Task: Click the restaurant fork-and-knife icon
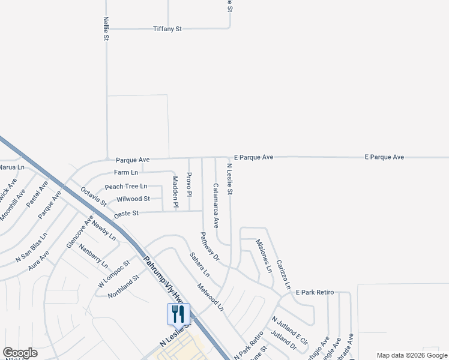click(178, 313)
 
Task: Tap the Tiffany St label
click(167, 28)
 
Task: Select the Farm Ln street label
click(126, 172)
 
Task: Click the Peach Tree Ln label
click(126, 187)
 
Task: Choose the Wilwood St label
click(133, 199)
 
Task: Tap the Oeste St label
click(126, 213)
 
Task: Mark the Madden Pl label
click(175, 192)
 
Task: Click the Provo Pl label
click(188, 185)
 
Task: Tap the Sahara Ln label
click(199, 265)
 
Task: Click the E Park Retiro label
click(315, 292)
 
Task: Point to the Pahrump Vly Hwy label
click(161, 279)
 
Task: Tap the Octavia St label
click(93, 196)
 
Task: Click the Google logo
click(20, 353)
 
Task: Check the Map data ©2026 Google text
click(411, 355)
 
